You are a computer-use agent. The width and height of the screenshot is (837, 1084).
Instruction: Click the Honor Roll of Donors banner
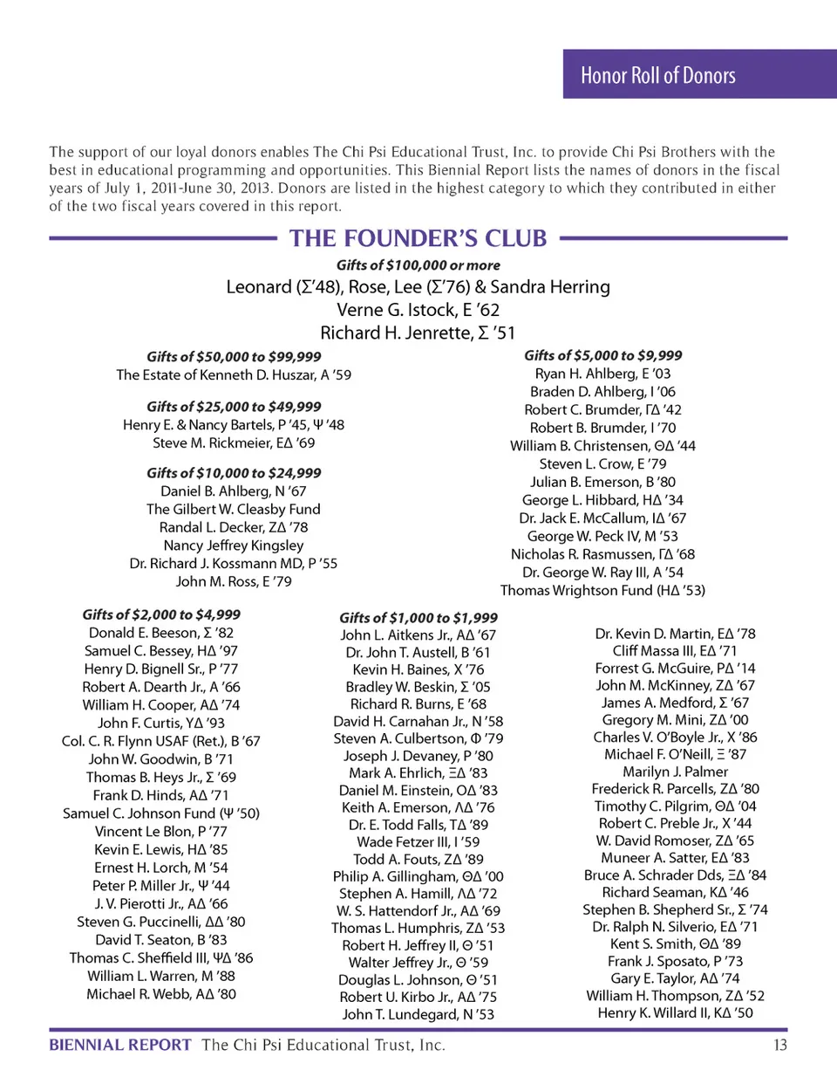pyautogui.click(x=658, y=76)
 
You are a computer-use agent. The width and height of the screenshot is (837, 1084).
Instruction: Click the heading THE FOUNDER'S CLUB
pyautogui.click(x=418, y=238)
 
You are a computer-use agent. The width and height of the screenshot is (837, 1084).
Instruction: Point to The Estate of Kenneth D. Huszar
pyautogui.click(x=234, y=374)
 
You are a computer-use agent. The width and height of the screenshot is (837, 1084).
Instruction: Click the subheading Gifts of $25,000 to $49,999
pyautogui.click(x=234, y=407)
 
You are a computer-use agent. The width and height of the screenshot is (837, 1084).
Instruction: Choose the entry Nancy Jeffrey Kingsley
pyautogui.click(x=234, y=545)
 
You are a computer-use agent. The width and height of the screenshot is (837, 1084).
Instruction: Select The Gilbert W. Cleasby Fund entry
pyautogui.click(x=234, y=509)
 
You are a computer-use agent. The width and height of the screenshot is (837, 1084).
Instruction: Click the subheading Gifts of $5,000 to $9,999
pyautogui.click(x=603, y=355)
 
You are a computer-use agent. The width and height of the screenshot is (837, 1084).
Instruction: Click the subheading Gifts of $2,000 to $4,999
pyautogui.click(x=161, y=614)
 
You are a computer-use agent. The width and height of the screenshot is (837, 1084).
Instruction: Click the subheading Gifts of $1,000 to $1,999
pyautogui.click(x=418, y=618)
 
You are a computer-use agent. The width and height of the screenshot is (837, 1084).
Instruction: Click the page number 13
pyautogui.click(x=779, y=1046)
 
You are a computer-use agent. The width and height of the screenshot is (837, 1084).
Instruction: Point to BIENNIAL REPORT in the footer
pyautogui.click(x=120, y=1046)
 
